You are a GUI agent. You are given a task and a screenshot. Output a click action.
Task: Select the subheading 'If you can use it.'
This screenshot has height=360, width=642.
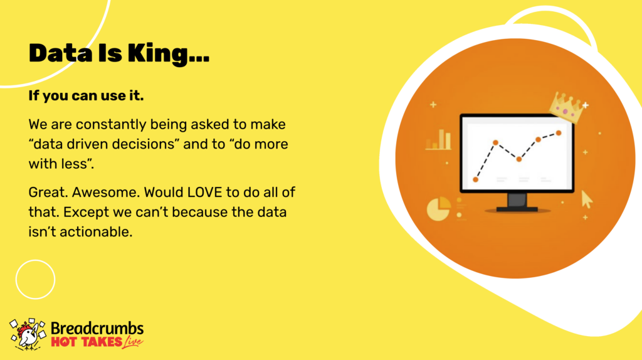pyautogui.click(x=86, y=96)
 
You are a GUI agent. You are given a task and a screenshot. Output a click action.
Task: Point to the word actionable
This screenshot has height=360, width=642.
pyautogui.click(x=96, y=232)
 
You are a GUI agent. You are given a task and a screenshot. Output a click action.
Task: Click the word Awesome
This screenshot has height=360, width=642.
pyautogui.click(x=105, y=192)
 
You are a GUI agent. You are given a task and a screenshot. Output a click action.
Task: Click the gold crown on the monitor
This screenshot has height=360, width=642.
pyautogui.click(x=567, y=107)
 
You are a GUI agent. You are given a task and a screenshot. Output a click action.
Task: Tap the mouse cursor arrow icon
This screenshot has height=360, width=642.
pyautogui.click(x=587, y=200)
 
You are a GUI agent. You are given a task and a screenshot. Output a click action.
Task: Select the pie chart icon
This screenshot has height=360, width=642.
pyautogui.click(x=438, y=208)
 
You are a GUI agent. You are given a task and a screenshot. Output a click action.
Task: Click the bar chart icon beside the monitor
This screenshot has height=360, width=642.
pyautogui.click(x=438, y=139)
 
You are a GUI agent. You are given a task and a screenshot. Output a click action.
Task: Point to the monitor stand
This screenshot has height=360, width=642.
pyautogui.click(x=517, y=203)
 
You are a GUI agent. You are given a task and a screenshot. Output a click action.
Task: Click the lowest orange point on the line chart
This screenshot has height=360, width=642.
pyautogui.click(x=475, y=179)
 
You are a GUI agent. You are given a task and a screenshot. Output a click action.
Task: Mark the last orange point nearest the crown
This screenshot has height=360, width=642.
pyautogui.click(x=559, y=133)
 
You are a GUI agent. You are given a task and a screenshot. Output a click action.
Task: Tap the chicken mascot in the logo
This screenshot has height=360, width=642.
pyautogui.click(x=28, y=334)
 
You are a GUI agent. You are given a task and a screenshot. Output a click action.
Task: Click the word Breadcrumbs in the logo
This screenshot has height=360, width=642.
pyautogui.click(x=97, y=329)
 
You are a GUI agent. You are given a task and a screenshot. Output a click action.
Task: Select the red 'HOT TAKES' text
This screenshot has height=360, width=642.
pyautogui.click(x=87, y=342)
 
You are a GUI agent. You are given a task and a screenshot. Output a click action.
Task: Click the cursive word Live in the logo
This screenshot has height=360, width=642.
pyautogui.click(x=133, y=342)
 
